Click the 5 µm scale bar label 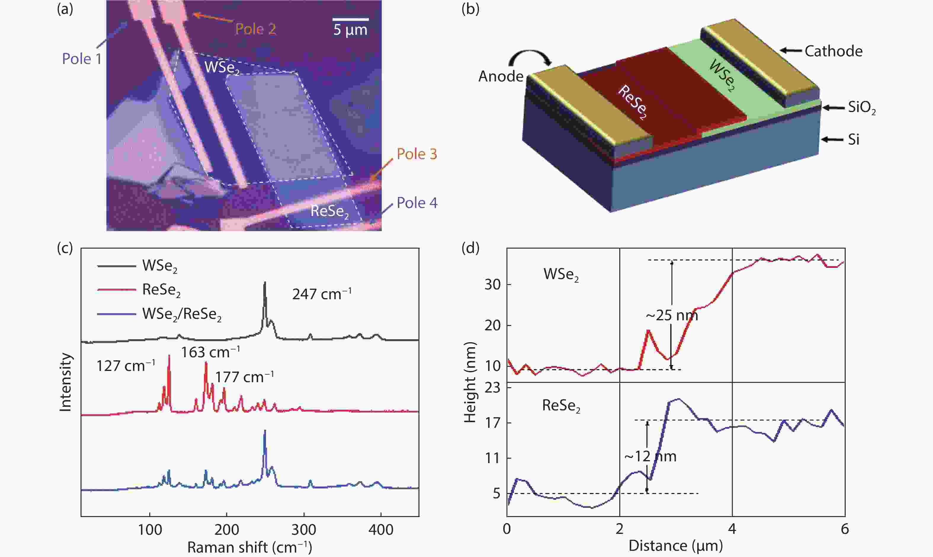350,30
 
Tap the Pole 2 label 256,29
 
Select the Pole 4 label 417,203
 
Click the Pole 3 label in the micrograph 417,154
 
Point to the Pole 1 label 82,59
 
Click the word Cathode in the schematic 833,51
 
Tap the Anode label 501,76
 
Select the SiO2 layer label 862,108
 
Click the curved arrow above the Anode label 530,59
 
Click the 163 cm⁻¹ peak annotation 211,352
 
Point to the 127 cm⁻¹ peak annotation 126,366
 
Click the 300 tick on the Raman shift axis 304,530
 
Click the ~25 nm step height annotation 671,315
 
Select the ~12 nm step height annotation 650,456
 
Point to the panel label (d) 470,248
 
